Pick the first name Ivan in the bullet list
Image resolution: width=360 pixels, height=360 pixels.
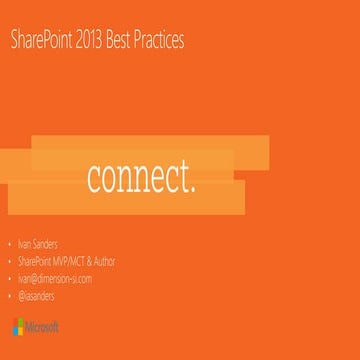pyautogui.click(x=27, y=243)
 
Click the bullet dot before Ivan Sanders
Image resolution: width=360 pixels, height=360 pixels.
pyautogui.click(x=10, y=244)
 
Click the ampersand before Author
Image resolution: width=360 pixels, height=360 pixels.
pyautogui.click(x=94, y=261)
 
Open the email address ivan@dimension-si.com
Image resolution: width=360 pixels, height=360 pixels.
pyautogui.click(x=55, y=279)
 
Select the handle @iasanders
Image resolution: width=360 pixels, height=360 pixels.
pyautogui.click(x=38, y=296)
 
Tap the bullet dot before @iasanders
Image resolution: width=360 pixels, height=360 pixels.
pyautogui.click(x=10, y=297)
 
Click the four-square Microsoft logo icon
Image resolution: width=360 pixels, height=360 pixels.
pyautogui.click(x=19, y=326)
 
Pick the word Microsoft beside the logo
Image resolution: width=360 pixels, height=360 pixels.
pyautogui.click(x=43, y=327)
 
